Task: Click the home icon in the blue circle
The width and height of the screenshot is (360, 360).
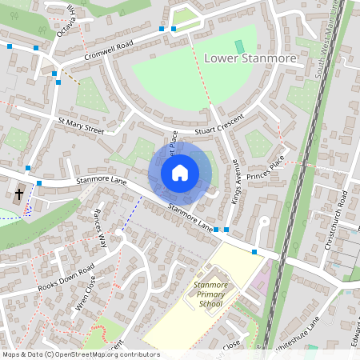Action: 180,173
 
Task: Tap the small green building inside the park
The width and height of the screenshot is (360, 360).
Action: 238,47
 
